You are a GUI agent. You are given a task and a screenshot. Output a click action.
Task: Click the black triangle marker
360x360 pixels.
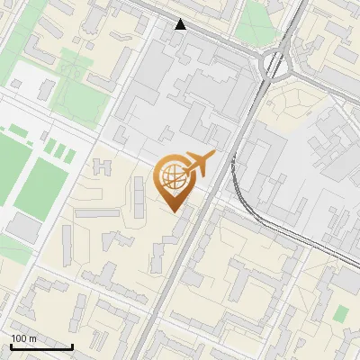(181, 24)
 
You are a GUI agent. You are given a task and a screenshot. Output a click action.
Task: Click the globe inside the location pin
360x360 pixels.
(173, 174)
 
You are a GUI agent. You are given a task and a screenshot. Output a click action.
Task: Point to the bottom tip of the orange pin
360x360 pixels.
(173, 211)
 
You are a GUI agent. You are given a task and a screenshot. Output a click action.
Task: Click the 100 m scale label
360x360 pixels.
(23, 338)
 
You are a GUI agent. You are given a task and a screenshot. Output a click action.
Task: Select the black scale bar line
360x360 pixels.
(41, 346)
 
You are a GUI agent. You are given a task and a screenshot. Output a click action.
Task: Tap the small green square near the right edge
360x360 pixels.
(341, 314)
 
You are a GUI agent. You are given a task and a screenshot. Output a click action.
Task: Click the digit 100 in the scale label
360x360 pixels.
(19, 338)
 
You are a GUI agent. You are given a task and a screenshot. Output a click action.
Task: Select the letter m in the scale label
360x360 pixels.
(32, 338)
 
